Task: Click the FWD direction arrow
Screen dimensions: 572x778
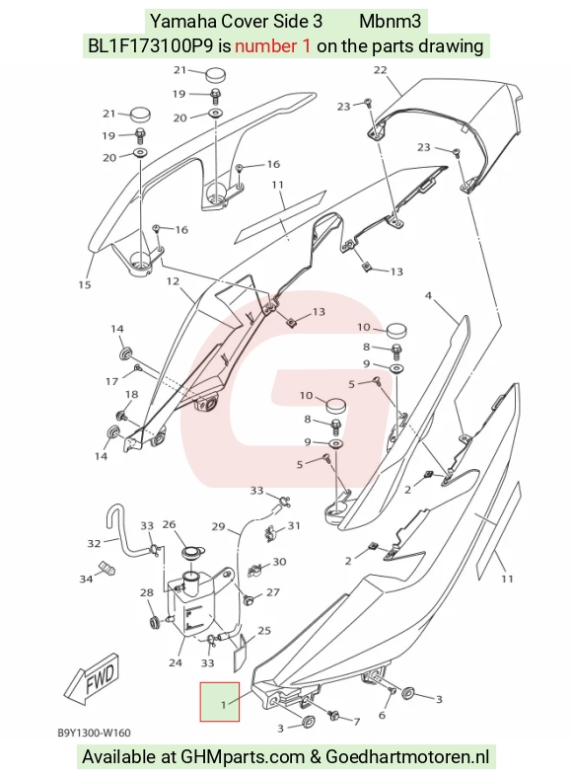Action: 92,678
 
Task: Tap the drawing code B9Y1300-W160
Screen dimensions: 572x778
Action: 94,733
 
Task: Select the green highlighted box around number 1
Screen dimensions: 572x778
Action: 220,702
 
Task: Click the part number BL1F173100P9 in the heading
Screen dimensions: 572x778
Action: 151,46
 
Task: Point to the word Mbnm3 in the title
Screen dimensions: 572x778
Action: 391,22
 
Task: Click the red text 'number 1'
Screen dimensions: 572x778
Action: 273,46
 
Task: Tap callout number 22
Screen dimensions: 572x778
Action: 380,70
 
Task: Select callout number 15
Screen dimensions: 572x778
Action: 85,284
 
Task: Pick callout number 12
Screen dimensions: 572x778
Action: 173,281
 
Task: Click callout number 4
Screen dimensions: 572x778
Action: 428,296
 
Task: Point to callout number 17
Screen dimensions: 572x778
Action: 112,381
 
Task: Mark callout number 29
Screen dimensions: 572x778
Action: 219,526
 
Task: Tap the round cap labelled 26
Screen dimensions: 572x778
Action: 190,552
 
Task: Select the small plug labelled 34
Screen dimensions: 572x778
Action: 107,569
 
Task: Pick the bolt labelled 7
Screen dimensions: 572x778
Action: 334,715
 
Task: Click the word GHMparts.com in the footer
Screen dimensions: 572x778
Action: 243,756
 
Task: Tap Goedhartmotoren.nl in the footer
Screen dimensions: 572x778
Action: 407,756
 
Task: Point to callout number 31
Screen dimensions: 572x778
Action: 294,525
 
